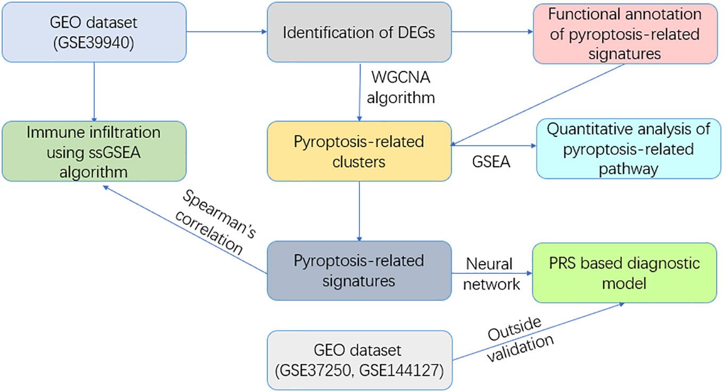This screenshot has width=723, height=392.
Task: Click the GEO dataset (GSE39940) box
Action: pos(94,32)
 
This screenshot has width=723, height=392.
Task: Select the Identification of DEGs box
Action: pos(359,32)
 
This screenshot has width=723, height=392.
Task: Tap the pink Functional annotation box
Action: pos(625,34)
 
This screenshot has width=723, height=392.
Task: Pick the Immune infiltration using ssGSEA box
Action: pos(94,151)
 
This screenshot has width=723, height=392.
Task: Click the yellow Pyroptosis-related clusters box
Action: pos(359,151)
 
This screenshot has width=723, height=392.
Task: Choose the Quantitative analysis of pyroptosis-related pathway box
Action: pos(629,149)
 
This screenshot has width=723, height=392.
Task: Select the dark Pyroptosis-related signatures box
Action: pos(359,271)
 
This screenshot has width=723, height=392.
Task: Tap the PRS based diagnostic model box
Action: pos(625,273)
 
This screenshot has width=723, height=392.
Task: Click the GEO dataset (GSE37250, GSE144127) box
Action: pos(359,360)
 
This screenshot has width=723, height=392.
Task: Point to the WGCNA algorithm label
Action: pos(401,87)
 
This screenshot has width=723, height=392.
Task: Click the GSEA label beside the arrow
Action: pos(491,162)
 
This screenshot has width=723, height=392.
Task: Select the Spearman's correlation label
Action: pos(215,223)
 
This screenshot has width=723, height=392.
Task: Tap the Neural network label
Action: pos(491,274)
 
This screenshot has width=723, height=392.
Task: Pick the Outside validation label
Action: pos(520,339)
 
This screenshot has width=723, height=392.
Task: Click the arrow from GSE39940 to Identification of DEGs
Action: pos(227,31)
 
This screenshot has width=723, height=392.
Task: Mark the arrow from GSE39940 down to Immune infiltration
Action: pos(94,92)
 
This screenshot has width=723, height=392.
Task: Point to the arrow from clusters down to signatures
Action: pos(359,211)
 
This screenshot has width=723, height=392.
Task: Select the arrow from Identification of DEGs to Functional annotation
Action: pos(492,31)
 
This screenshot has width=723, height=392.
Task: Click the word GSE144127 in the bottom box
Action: pos(401,370)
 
